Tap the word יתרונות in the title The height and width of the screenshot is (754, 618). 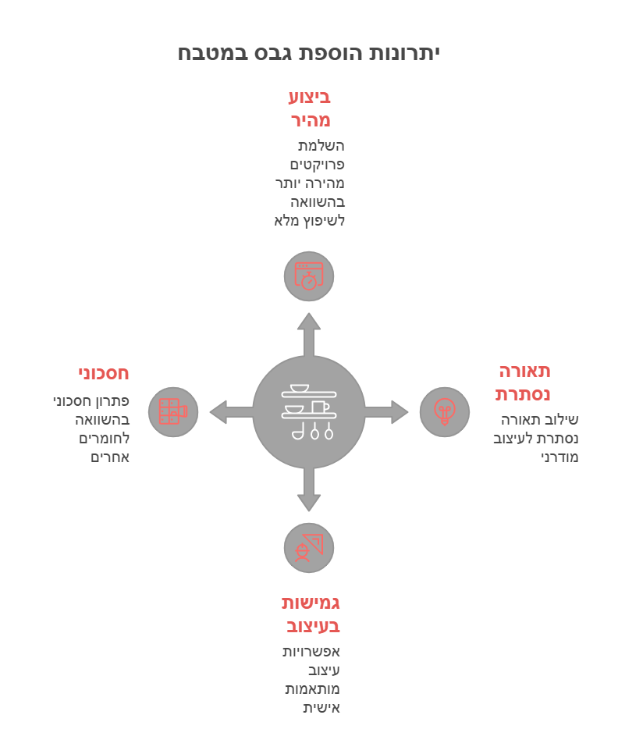click(x=404, y=53)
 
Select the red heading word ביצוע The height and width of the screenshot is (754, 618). click(x=310, y=98)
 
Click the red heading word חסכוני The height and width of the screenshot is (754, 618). click(x=104, y=374)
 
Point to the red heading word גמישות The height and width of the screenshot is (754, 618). click(x=311, y=603)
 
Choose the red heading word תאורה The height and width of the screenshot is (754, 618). click(x=525, y=372)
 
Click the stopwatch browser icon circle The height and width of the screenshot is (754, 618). click(x=309, y=276)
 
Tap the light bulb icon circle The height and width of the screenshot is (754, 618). click(x=445, y=412)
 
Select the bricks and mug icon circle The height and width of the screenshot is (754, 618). click(x=173, y=412)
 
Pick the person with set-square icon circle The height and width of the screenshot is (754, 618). click(x=309, y=548)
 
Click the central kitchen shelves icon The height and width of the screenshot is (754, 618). click(x=309, y=412)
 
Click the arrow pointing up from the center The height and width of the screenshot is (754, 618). click(x=309, y=335)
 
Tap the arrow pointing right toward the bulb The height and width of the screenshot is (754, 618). click(x=386, y=412)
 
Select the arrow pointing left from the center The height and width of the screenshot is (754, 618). click(x=231, y=412)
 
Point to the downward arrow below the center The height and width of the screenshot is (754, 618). click(x=309, y=489)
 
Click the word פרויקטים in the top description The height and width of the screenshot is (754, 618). click(x=317, y=165)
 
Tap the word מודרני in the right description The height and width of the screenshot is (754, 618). click(x=559, y=457)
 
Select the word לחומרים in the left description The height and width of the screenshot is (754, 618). click(x=105, y=439)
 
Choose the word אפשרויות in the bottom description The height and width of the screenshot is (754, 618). click(x=311, y=652)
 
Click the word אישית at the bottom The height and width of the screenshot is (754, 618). click(x=321, y=708)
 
